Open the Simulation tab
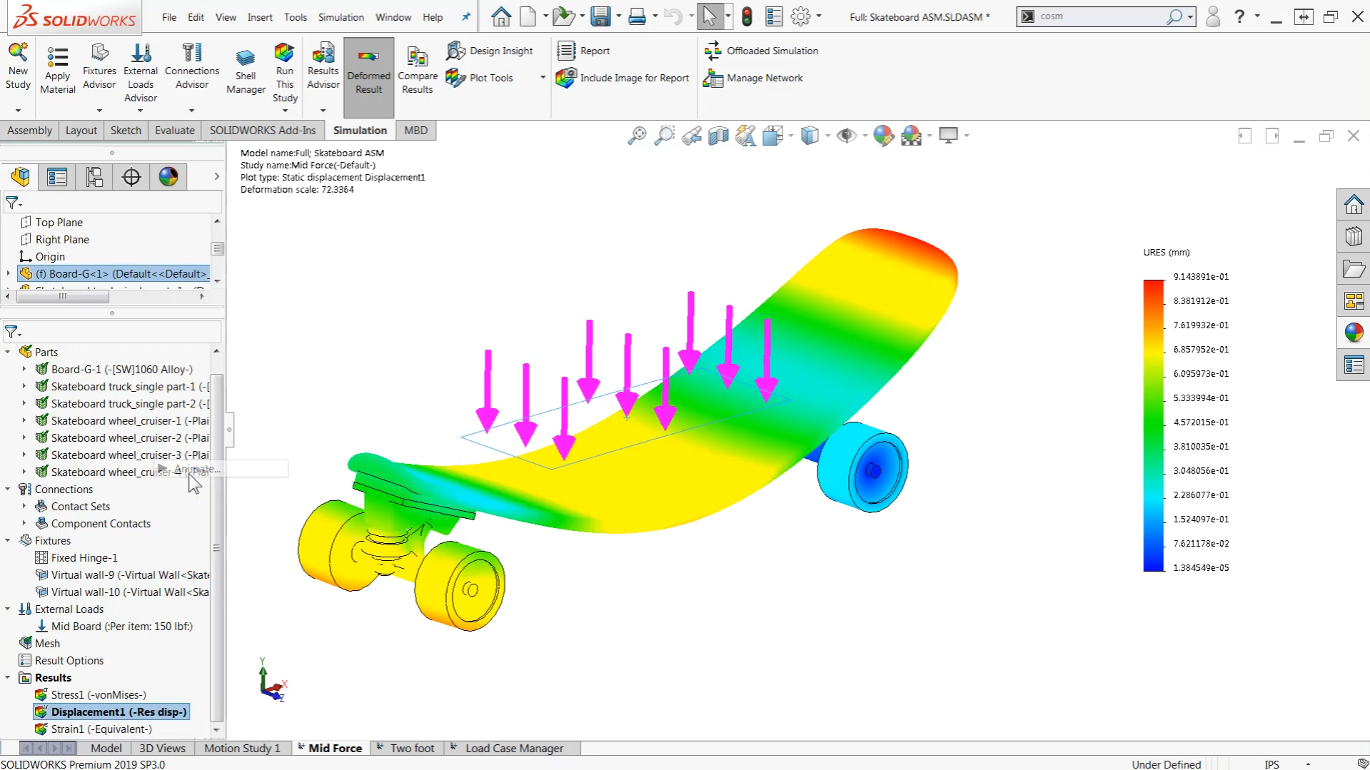(x=360, y=130)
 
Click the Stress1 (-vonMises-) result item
(x=99, y=694)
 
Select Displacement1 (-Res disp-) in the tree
(x=119, y=711)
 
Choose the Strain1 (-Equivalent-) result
(x=101, y=729)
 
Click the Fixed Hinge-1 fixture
(x=84, y=557)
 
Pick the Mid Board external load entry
(x=121, y=626)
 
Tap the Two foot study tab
(x=412, y=748)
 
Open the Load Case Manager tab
(x=514, y=748)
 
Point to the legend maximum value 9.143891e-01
(x=1201, y=276)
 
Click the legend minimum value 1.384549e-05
(x=1201, y=567)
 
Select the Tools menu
(x=295, y=17)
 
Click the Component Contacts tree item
(x=101, y=523)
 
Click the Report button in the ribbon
(x=594, y=51)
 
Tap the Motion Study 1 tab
(x=242, y=748)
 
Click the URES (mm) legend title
(x=1167, y=252)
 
